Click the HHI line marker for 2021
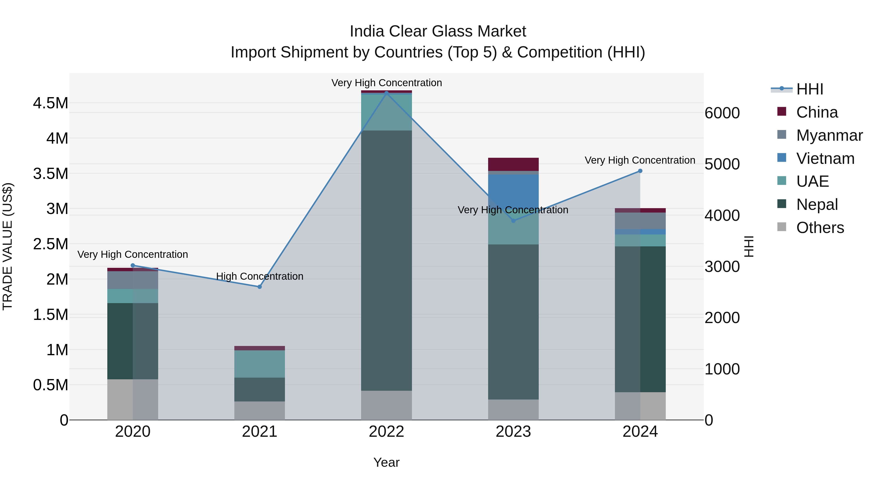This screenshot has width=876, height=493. coord(259,287)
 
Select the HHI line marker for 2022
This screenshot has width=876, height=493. coord(386,93)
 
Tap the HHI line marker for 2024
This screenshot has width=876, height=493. coord(640,171)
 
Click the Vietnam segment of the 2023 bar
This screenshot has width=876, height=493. coord(513,191)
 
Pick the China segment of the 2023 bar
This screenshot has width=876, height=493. coord(513,164)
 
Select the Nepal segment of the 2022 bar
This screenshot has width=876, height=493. coord(386,260)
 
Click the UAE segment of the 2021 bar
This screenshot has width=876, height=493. coord(259,364)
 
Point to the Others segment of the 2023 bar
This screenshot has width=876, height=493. coord(513,410)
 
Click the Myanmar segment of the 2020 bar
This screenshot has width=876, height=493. coord(133,280)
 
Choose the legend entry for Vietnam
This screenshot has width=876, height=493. coord(825,158)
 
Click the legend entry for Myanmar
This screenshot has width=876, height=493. coord(829,135)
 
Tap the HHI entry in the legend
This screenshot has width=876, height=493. coord(809,89)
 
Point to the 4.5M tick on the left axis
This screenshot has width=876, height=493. coord(51,103)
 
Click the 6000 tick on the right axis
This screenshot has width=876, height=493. coord(722,113)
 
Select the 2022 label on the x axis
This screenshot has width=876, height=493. coord(386,432)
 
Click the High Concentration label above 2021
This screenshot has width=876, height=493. coord(259,276)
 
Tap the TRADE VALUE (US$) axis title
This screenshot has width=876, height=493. coord(8,246)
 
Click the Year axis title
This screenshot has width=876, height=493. coord(386,462)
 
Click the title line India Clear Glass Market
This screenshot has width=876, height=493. coord(438,31)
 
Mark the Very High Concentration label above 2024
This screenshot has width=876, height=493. coord(640,160)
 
